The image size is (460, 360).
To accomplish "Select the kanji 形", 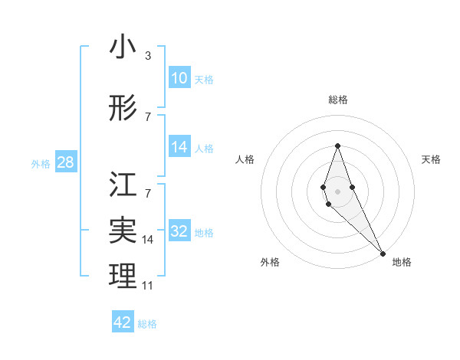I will [123, 109].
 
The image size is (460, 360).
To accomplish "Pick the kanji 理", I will [123, 276].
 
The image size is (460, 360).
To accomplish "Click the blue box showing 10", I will [179, 78].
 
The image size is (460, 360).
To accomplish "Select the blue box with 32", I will [179, 232].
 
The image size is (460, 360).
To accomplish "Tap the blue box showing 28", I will [65, 162].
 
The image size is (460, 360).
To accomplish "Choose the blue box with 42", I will [123, 322].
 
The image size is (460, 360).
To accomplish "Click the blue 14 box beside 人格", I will [179, 148].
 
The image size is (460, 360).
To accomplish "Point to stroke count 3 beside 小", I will [148, 55].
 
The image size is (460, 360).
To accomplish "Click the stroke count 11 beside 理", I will [149, 285].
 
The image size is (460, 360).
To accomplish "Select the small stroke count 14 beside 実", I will [148, 239].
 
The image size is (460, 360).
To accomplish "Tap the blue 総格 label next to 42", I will [147, 324].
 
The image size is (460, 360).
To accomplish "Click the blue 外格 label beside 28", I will [41, 163].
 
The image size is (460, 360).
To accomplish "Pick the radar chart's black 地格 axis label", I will [402, 262].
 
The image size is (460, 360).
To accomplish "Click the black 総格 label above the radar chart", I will [337, 100].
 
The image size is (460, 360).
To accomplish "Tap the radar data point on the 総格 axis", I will [337, 146].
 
